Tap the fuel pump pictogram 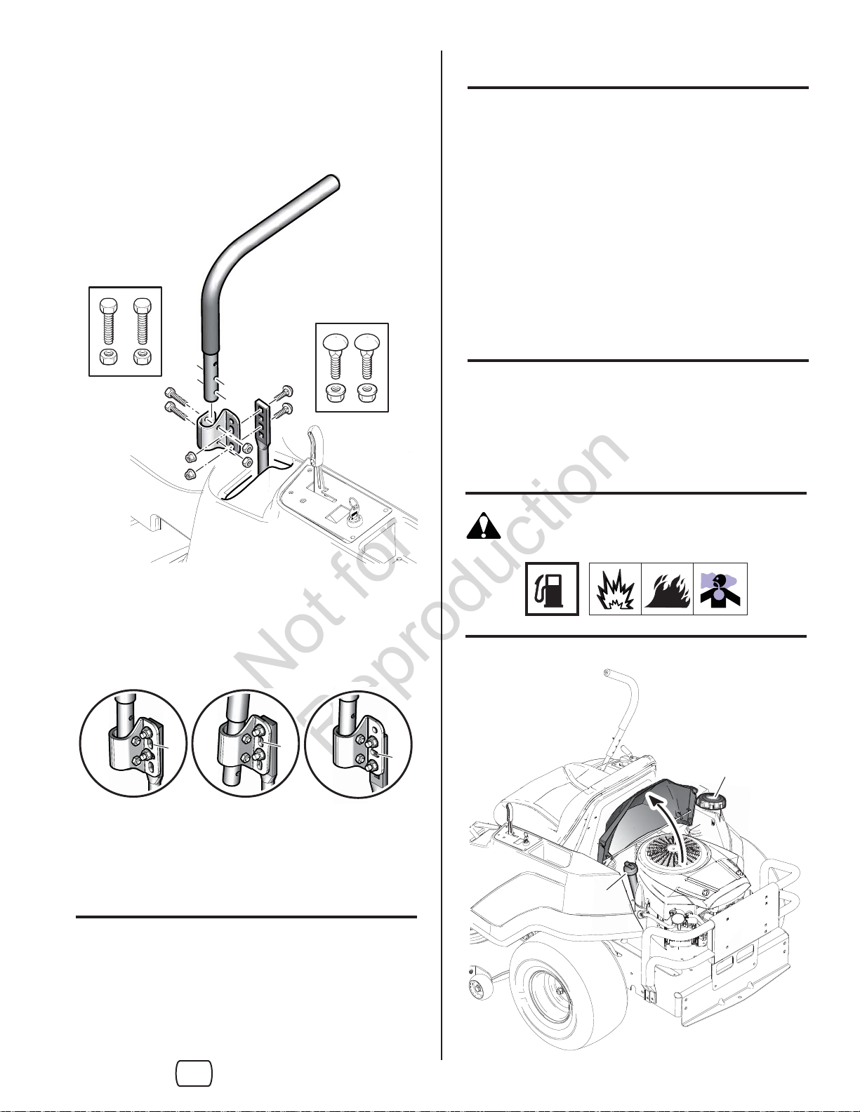(553, 589)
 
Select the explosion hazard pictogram (615, 589)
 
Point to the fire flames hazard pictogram (668, 589)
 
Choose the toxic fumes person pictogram (720, 589)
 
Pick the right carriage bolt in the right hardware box (366, 355)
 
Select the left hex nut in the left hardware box (112, 356)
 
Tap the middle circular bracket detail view (246, 744)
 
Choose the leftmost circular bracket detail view (133, 744)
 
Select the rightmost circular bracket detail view (359, 744)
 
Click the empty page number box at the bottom (194, 1073)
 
